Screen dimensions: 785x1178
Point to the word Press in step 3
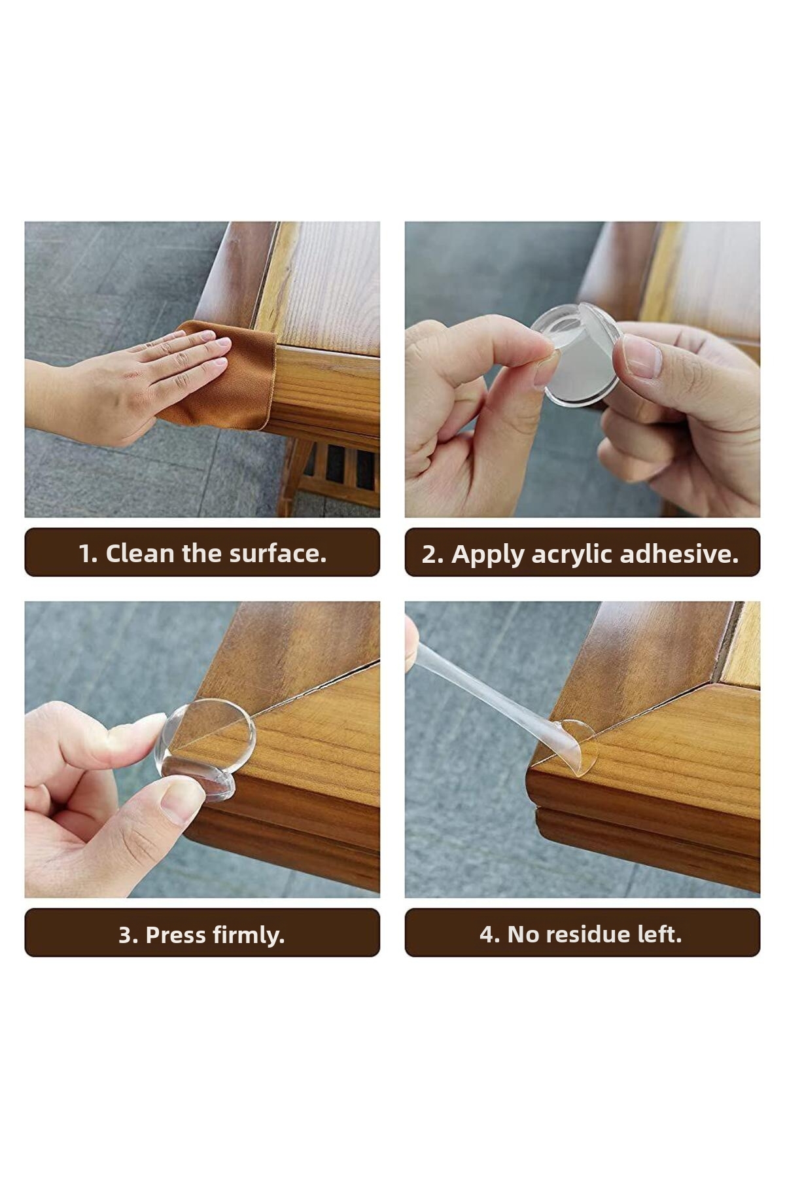[x=171, y=935]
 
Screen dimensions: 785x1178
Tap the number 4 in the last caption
[x=487, y=935]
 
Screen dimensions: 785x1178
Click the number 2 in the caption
[x=429, y=555]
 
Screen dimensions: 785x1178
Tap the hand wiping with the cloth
[x=124, y=387]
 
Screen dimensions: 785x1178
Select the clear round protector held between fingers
[x=578, y=354]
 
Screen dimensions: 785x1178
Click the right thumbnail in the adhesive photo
[x=641, y=357]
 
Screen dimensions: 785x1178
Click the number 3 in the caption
[x=126, y=935]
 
